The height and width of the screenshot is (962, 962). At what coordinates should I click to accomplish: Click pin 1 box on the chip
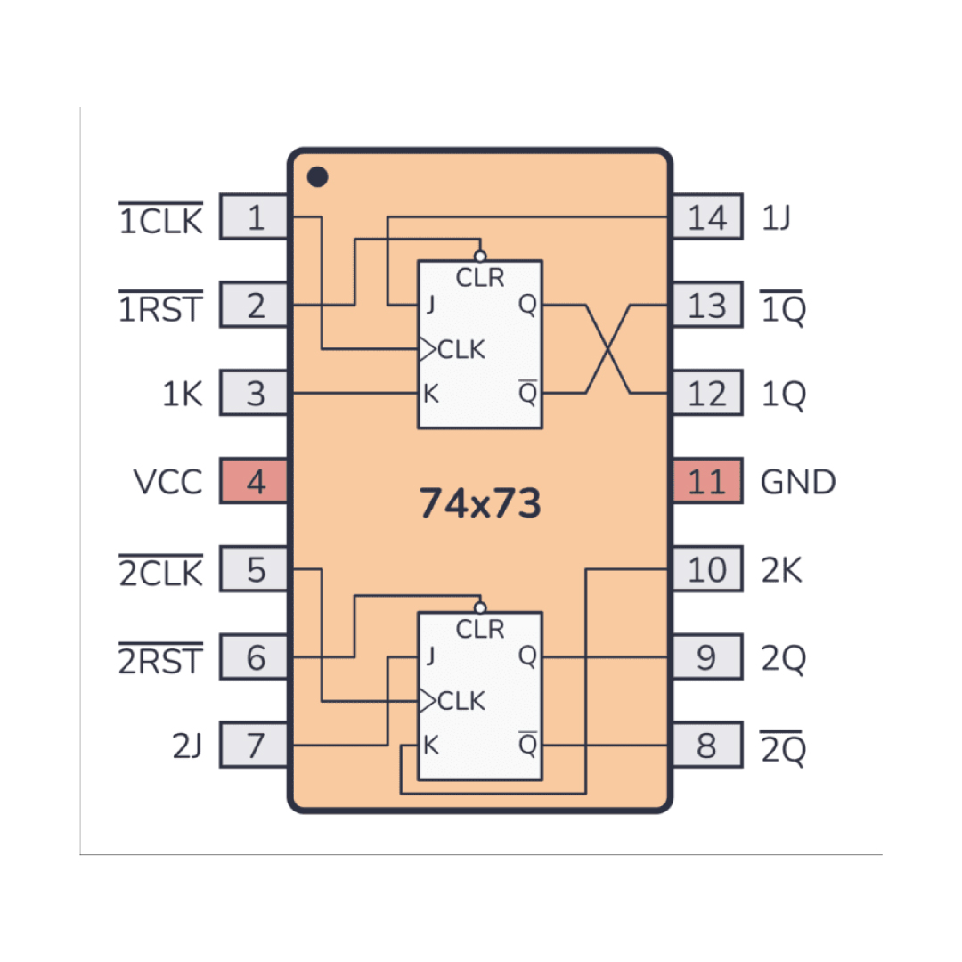254,216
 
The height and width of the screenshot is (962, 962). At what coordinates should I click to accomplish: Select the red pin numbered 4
254,481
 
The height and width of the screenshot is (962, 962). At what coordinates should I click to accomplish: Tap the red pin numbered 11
708,481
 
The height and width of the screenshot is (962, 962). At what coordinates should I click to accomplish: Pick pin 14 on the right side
708,216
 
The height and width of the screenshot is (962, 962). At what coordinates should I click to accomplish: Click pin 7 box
254,746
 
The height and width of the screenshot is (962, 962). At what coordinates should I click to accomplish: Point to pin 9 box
708,657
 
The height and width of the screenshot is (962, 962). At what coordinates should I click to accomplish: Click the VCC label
167,482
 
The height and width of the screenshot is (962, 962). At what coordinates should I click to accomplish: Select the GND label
797,482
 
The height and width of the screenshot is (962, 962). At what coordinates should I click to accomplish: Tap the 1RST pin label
160,306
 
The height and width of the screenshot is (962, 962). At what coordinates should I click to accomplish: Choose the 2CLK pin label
160,571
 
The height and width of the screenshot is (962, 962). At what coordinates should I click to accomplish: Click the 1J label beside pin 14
776,218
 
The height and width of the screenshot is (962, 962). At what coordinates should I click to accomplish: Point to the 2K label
781,570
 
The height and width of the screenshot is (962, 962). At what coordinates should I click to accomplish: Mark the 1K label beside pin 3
183,394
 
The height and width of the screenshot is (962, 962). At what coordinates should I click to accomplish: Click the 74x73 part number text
480,503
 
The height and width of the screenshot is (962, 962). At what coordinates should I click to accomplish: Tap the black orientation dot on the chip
317,176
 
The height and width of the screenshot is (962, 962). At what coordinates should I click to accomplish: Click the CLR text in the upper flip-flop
480,278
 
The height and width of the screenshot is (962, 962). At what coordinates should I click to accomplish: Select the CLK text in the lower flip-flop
461,701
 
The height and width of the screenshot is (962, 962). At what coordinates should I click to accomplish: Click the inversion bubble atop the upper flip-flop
480,256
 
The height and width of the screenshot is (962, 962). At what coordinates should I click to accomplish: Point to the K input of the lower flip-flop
431,746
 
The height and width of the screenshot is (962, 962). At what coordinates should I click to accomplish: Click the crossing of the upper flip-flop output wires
608,348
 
